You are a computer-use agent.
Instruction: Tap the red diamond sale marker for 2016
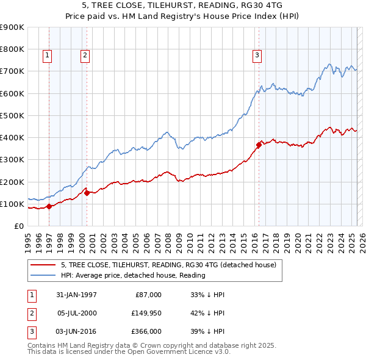(259, 145)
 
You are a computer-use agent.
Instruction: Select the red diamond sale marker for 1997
(49, 206)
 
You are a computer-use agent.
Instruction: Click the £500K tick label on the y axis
(12, 115)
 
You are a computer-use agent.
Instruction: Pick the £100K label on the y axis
(12, 204)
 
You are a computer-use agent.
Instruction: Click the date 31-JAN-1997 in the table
(76, 295)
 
